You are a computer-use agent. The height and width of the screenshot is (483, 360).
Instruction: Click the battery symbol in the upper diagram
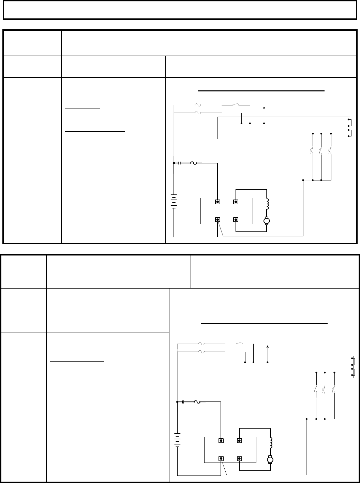click(174, 201)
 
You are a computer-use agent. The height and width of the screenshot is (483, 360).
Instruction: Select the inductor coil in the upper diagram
click(267, 204)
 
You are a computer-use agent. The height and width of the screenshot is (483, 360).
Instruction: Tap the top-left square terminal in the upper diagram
click(217, 202)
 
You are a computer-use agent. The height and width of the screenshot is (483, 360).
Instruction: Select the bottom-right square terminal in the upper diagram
click(235, 220)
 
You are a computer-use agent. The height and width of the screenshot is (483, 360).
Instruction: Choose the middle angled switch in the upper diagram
click(321, 150)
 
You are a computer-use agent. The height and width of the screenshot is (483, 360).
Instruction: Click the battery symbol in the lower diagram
click(178, 440)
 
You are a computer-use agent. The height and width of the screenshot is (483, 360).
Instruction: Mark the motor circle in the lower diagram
click(271, 459)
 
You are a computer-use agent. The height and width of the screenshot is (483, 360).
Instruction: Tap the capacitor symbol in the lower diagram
click(183, 402)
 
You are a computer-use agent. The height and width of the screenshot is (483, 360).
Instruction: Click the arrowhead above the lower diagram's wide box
click(268, 347)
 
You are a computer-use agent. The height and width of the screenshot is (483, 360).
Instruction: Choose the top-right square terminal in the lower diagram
click(239, 440)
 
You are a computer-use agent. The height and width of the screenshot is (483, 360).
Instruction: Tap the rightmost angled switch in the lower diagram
click(334, 389)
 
